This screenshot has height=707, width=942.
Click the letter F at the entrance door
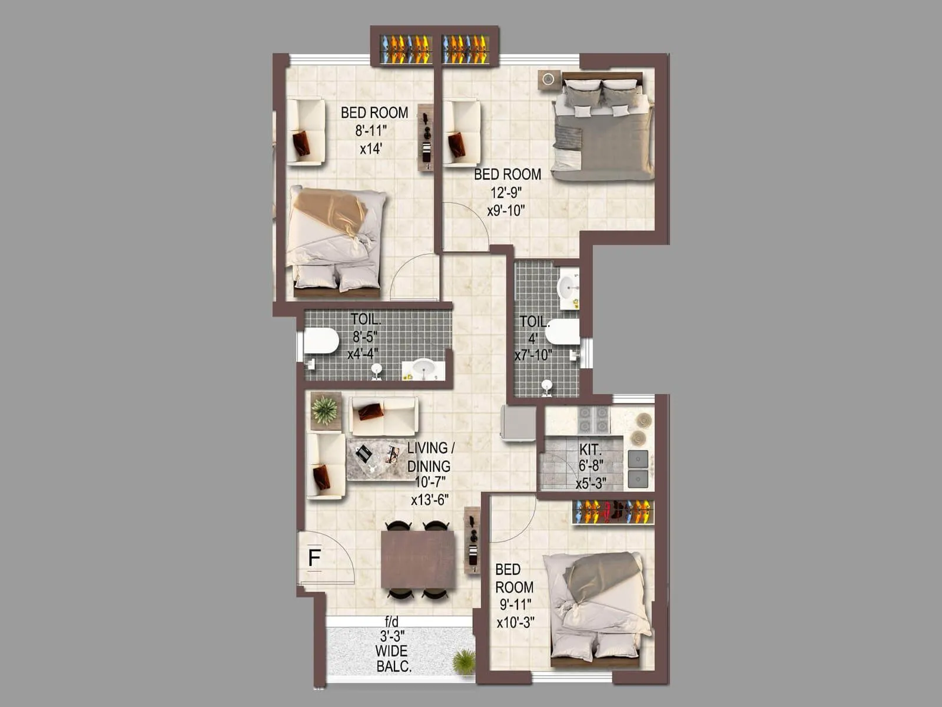tap(314, 557)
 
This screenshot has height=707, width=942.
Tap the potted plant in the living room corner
tap(324, 410)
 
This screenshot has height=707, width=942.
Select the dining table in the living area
tap(418, 559)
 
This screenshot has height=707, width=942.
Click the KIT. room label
tap(589, 450)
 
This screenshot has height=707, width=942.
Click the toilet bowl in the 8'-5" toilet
tap(321, 341)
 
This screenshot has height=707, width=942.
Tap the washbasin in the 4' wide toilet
tap(568, 287)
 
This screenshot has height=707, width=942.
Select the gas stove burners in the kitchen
tap(593, 419)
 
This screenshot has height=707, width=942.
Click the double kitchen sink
tap(638, 468)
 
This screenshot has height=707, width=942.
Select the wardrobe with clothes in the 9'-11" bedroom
tap(613, 511)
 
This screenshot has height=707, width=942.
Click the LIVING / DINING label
tap(430, 457)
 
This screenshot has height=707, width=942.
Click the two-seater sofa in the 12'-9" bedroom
tap(462, 133)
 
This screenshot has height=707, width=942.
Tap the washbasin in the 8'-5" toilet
tap(423, 369)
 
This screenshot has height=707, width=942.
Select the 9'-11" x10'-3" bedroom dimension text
tap(515, 613)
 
